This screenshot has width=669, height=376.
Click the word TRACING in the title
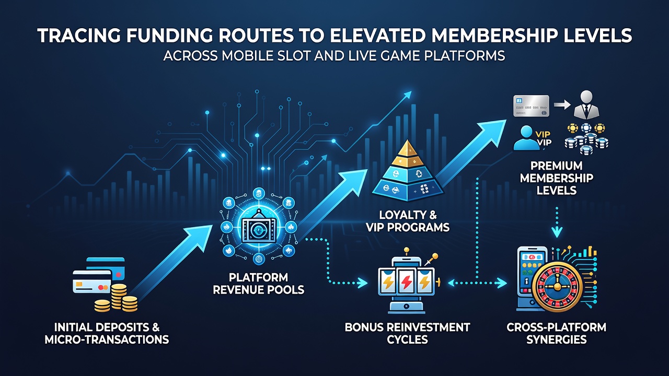coord(79,36)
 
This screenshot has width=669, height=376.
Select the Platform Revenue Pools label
coord(258,284)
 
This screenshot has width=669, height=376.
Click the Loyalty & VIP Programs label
coord(408,221)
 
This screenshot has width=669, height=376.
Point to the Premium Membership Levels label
coord(557,178)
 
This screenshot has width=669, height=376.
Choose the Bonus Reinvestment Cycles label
coord(407,333)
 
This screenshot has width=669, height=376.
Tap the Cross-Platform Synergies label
coord(557,333)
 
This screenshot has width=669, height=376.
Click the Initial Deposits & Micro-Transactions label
coord(107,333)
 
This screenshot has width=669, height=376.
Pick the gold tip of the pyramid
coord(407,148)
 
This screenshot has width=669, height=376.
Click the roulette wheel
coord(557,287)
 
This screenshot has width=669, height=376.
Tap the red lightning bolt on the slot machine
coord(407,282)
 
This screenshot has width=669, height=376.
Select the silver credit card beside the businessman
coord(531,106)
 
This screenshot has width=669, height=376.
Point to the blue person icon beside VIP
coord(526,137)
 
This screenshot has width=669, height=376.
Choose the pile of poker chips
coord(586,139)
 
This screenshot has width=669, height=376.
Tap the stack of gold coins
coord(117,298)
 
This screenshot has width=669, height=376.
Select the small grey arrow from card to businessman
coord(562,105)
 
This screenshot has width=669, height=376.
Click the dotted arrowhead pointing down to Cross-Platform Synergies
coord(557,231)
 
